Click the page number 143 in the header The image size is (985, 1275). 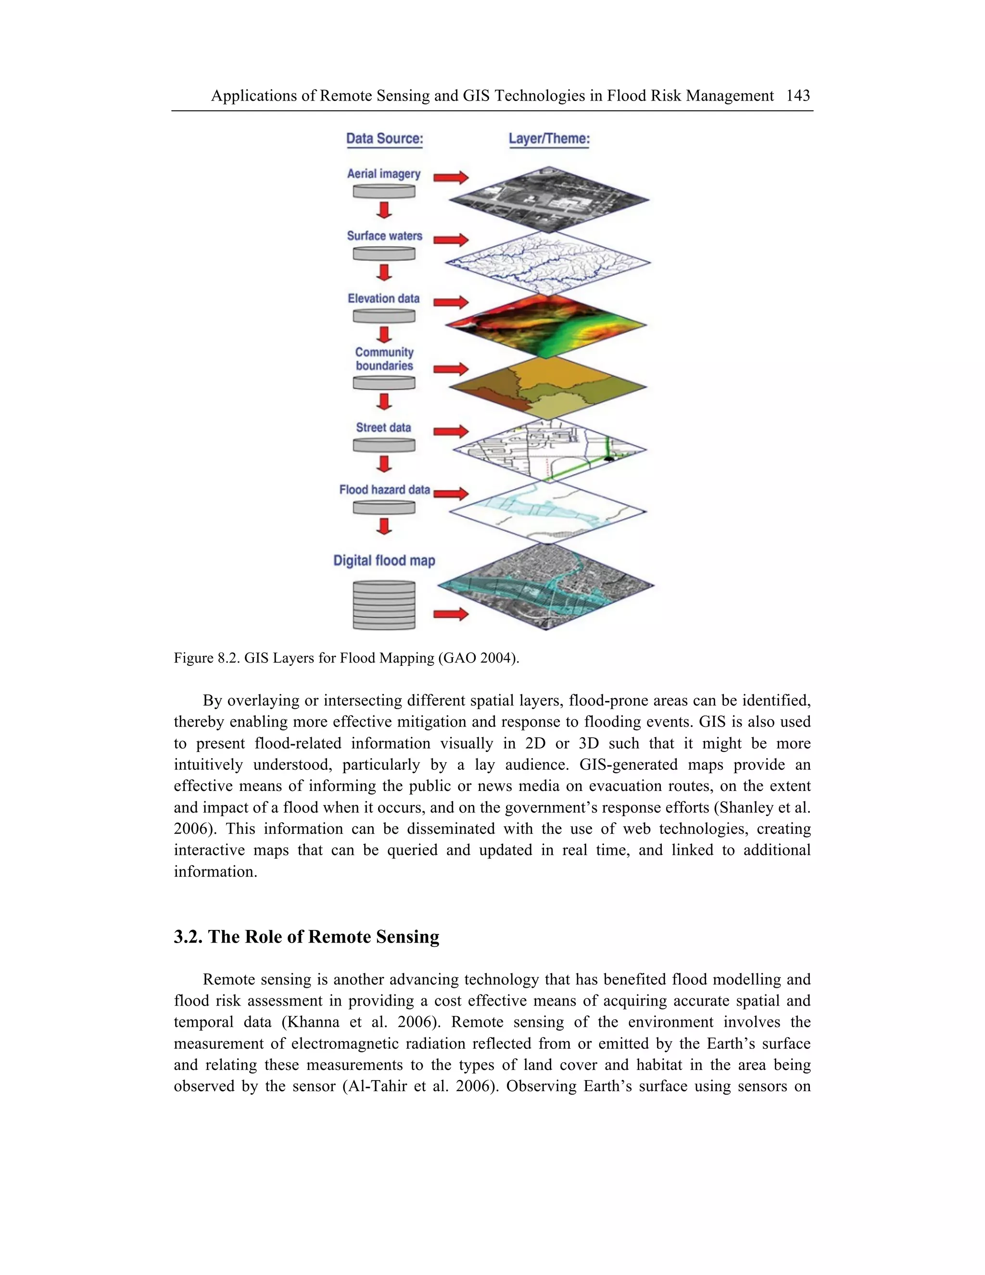click(x=798, y=95)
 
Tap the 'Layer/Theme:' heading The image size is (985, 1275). click(x=548, y=139)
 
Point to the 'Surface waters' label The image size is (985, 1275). click(x=384, y=236)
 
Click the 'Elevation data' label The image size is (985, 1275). click(x=383, y=298)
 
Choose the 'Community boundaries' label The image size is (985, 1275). click(x=384, y=358)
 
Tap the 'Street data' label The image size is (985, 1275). click(x=383, y=427)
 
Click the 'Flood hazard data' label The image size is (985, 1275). click(x=384, y=490)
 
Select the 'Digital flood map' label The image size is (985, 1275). click(x=384, y=561)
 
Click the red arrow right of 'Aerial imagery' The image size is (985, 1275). click(x=451, y=178)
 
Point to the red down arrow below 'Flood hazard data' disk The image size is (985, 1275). click(x=383, y=526)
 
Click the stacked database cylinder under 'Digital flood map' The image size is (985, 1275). click(x=384, y=605)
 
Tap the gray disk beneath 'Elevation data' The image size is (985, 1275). click(x=384, y=316)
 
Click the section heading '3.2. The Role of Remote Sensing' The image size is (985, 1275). click(x=306, y=936)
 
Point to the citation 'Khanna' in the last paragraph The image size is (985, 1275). click(x=310, y=1021)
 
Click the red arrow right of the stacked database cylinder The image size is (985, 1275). click(x=451, y=613)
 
